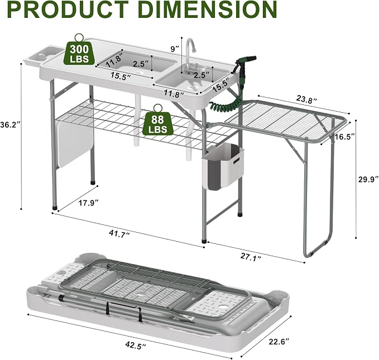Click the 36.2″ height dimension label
click(9, 125)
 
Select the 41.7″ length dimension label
click(119, 234)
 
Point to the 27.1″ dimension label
click(251, 256)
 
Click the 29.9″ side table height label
click(368, 180)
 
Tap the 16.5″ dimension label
click(344, 137)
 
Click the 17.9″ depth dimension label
click(89, 203)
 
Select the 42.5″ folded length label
click(136, 344)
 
